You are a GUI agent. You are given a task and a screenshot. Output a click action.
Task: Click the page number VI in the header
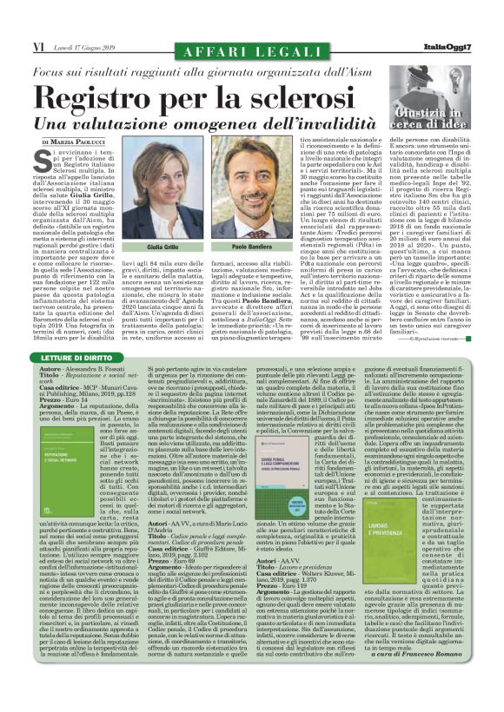(39, 44)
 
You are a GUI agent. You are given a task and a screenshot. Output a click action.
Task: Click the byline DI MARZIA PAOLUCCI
(79, 141)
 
